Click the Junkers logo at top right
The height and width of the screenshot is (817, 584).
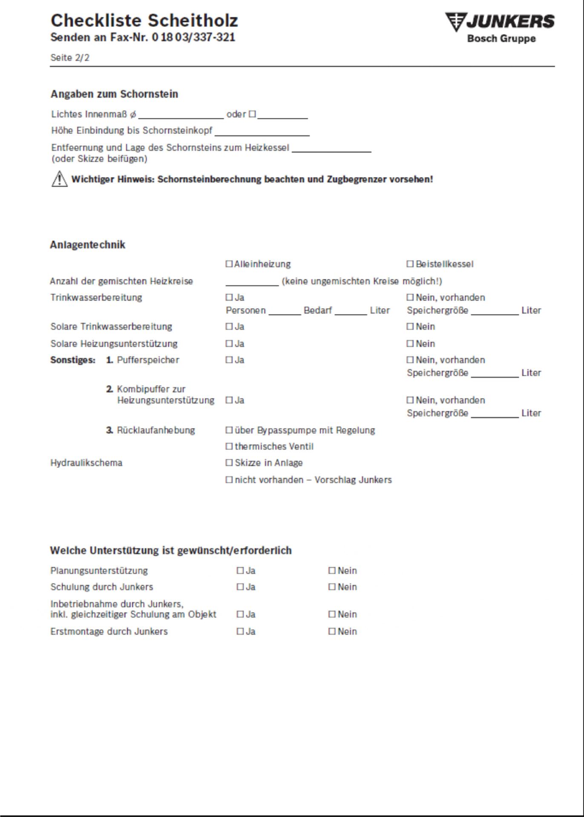[x=500, y=28]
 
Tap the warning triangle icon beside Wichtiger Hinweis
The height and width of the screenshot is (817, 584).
[x=59, y=179]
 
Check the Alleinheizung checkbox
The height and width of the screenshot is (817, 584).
[x=229, y=264]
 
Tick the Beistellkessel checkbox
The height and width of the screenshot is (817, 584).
[x=410, y=264]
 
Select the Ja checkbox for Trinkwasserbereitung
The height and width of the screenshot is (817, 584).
[x=229, y=297]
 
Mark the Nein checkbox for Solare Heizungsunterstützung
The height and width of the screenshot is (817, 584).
[x=410, y=343]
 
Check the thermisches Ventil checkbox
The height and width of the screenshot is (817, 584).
[x=229, y=446]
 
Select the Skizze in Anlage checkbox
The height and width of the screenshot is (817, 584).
[x=229, y=463]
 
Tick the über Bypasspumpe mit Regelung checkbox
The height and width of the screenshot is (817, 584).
[x=229, y=430]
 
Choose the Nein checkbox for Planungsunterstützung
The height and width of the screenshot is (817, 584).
[x=332, y=571]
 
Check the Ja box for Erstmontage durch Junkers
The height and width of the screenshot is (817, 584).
[x=240, y=631]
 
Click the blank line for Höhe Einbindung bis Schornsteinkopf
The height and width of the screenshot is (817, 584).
[x=262, y=131]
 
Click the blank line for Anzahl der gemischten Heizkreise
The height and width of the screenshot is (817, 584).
[x=252, y=282]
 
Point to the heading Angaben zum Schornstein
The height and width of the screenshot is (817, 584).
[x=114, y=94]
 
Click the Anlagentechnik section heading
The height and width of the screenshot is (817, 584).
[x=88, y=245]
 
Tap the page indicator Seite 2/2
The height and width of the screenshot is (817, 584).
[x=70, y=58]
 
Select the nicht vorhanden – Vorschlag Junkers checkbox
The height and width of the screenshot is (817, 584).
[x=229, y=480]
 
